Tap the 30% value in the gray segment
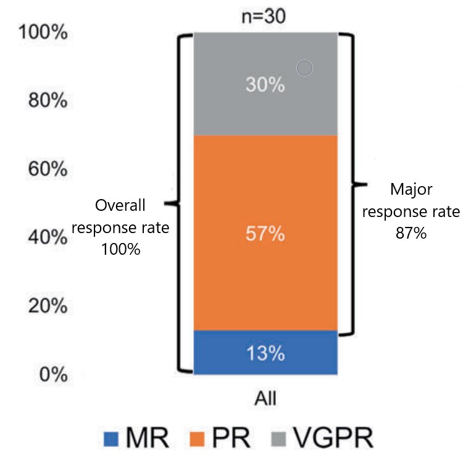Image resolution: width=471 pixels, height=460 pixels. pos(265,85)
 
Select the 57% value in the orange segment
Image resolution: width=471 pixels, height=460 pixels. pos(265,234)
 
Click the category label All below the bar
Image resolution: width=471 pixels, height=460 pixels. pos(265,396)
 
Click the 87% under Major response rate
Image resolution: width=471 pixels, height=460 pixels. pos(411,236)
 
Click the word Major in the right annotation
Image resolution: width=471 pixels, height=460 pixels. pos(411,189)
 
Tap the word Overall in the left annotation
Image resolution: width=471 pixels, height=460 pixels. pos(121,205)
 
